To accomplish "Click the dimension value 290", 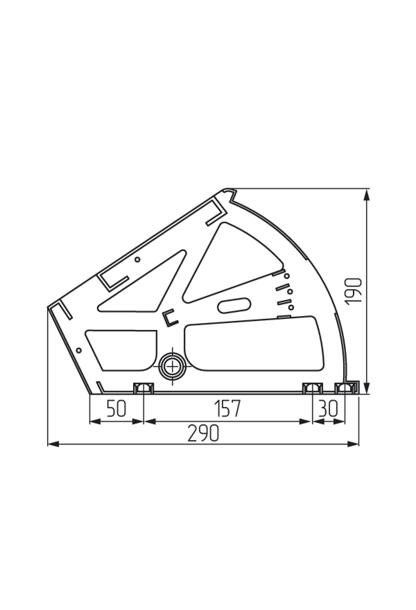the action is tap(203, 433).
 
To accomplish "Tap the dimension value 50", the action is tap(116, 409).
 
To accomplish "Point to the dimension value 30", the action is tap(328, 409).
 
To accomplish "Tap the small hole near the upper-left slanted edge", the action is tap(138, 259).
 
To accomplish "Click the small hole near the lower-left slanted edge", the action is tap(79, 350).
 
